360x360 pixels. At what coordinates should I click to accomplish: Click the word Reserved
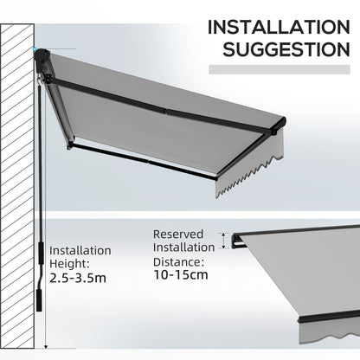point(179,234)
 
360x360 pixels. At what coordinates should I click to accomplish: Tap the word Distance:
point(179,261)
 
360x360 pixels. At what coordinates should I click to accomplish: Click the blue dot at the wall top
point(37,49)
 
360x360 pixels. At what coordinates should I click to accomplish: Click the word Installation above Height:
point(80,251)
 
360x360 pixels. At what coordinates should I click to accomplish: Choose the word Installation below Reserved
point(184,247)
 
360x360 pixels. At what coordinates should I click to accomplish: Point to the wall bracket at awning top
point(42,58)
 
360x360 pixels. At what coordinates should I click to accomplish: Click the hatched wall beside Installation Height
point(16,277)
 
